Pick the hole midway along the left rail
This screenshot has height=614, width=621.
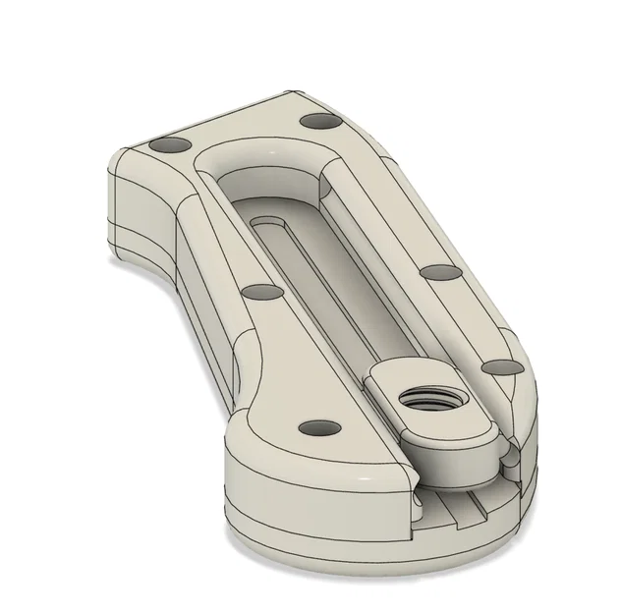tap(259, 293)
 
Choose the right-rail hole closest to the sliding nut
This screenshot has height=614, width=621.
tap(502, 366)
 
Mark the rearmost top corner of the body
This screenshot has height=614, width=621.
tap(295, 94)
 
